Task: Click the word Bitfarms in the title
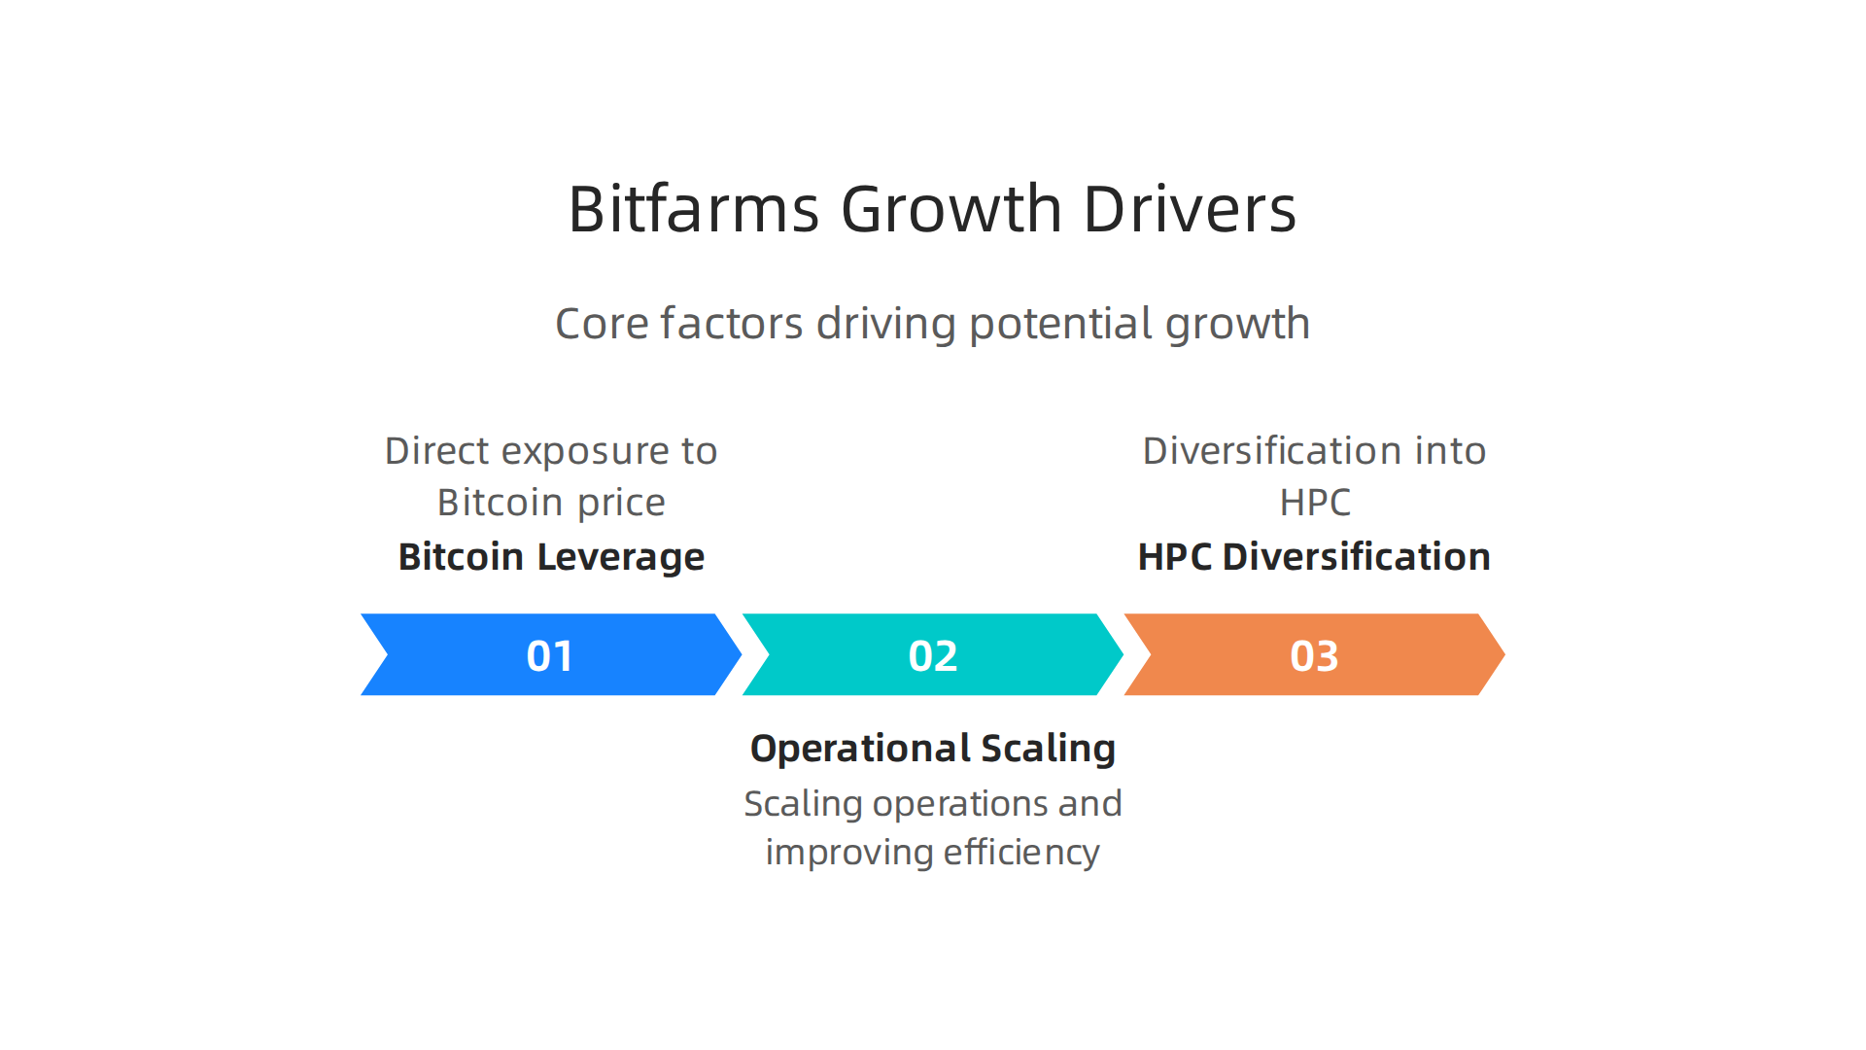click(694, 209)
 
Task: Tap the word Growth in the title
click(951, 209)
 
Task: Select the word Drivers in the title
click(1190, 209)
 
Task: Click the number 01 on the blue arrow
click(550, 655)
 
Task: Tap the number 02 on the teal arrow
click(933, 655)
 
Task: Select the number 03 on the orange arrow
click(1314, 655)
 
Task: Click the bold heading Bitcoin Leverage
click(551, 557)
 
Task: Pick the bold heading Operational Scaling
click(933, 749)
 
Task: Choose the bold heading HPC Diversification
click(1314, 557)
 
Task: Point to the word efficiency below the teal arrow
click(1021, 853)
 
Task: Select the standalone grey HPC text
click(1315, 503)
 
